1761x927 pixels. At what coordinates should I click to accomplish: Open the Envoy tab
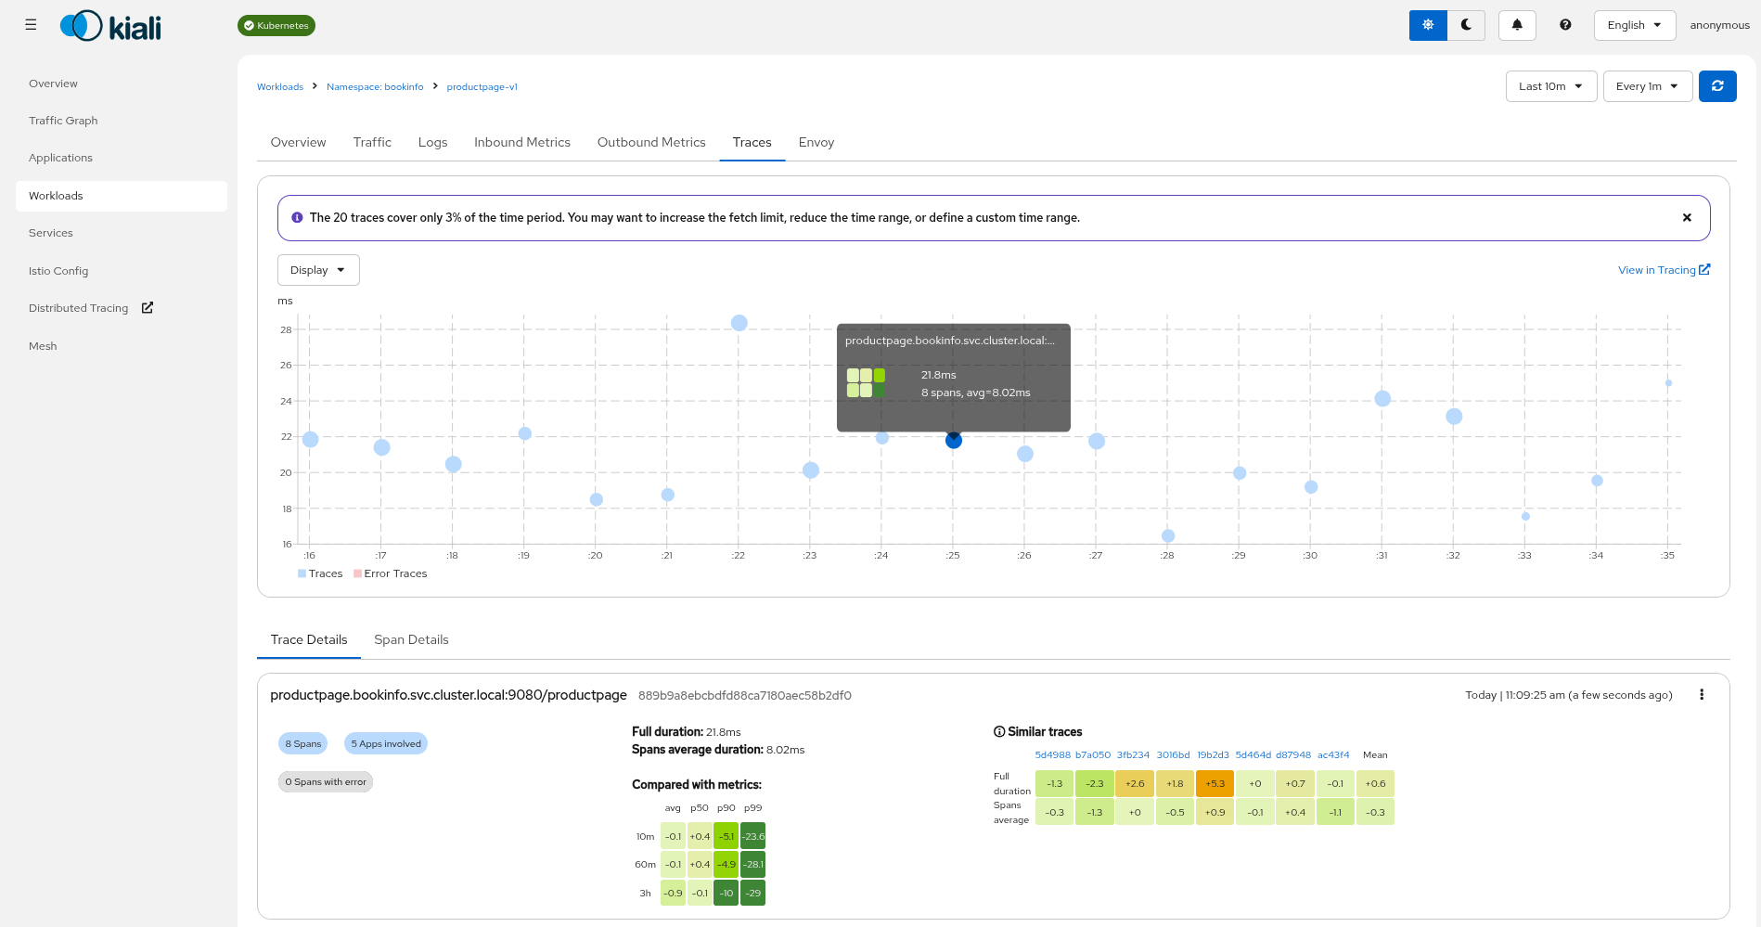point(816,142)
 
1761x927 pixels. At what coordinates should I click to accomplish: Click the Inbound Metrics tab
point(521,142)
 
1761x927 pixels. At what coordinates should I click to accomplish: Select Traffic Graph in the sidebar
point(63,121)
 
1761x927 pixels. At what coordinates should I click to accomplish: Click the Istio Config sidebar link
point(58,271)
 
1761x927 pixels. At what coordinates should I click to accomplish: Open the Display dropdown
point(317,270)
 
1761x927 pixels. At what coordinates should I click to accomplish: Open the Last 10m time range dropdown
point(1549,86)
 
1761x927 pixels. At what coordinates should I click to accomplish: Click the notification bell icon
point(1517,25)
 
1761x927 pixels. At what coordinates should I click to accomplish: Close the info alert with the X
point(1687,218)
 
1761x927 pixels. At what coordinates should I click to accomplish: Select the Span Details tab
point(411,639)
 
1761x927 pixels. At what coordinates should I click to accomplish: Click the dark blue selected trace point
point(953,441)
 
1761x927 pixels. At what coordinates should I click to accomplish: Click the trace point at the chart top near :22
point(739,323)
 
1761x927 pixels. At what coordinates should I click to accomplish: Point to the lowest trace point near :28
point(1168,535)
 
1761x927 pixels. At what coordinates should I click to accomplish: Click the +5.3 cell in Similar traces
point(1215,784)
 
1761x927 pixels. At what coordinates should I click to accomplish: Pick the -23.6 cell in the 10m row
point(753,836)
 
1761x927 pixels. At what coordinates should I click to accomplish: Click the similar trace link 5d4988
point(1052,755)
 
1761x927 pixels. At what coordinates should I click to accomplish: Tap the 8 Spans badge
point(302,744)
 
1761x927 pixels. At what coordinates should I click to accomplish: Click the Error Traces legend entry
point(394,573)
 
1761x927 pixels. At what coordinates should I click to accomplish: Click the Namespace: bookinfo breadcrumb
point(375,87)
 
